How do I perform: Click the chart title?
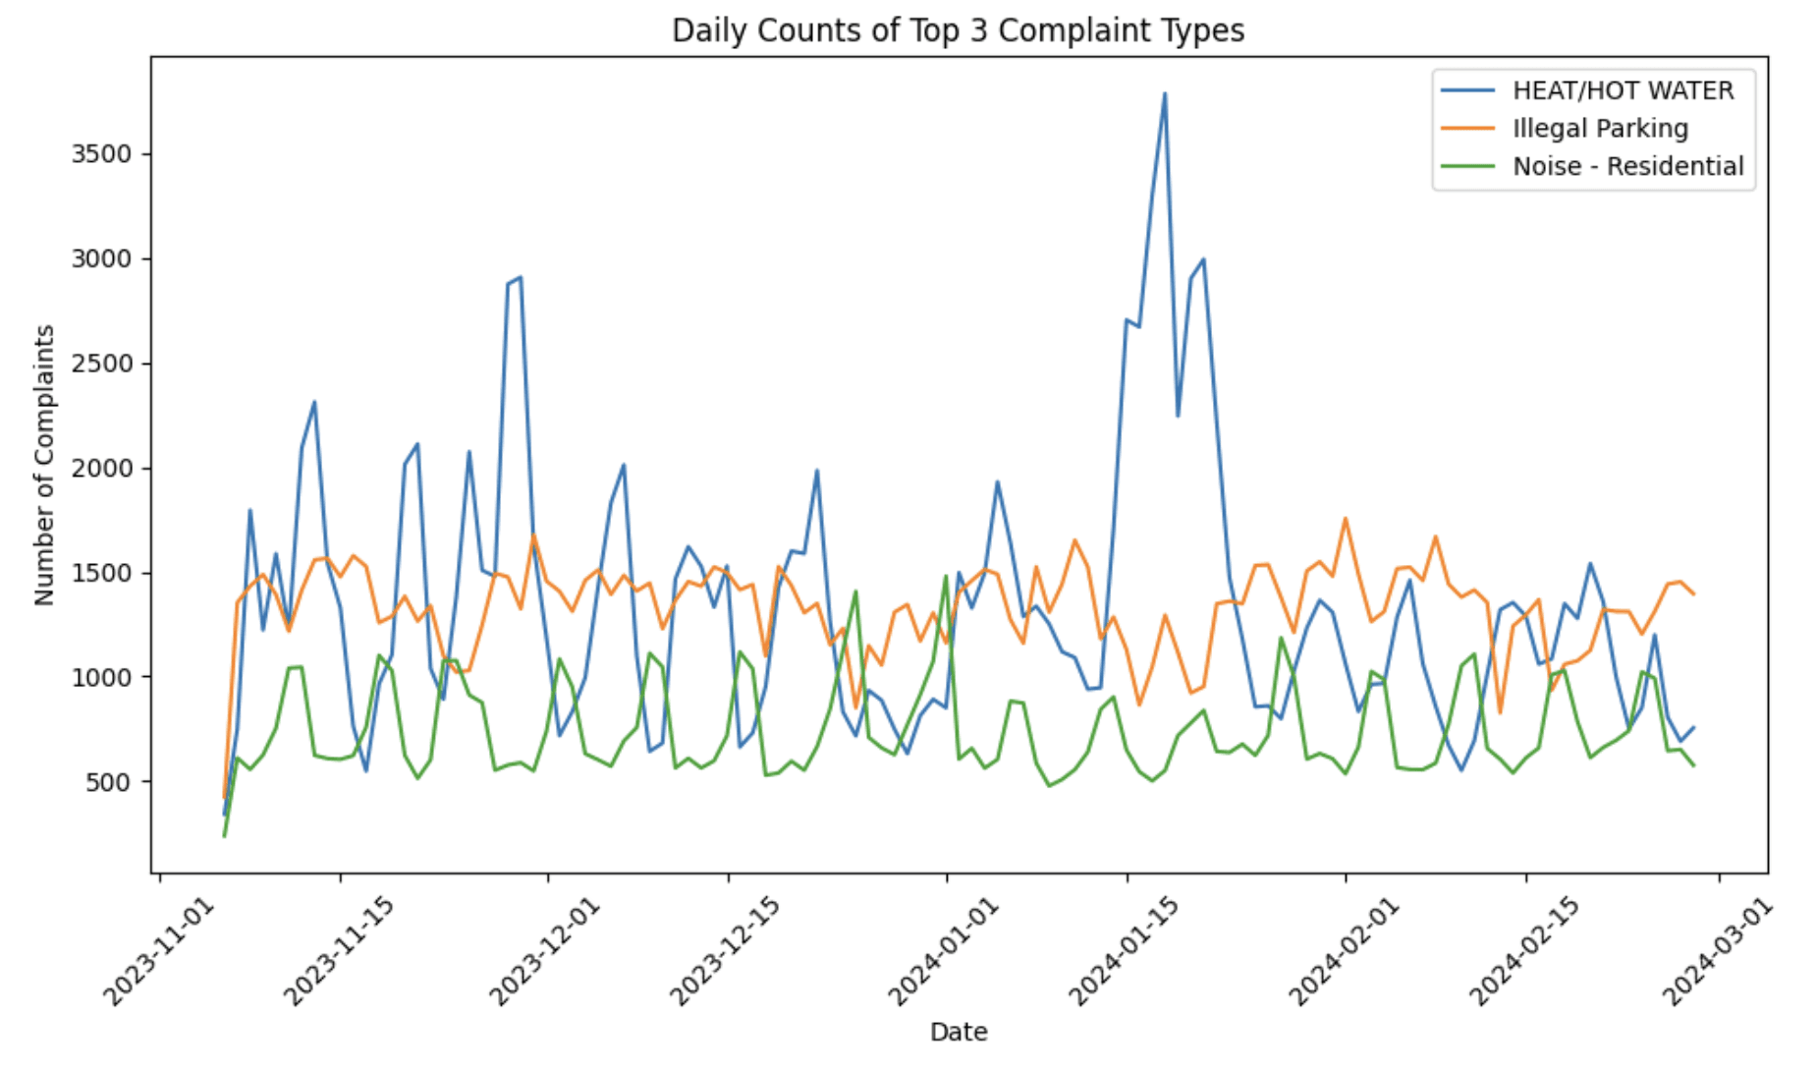tap(958, 31)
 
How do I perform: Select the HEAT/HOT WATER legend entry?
tap(1623, 90)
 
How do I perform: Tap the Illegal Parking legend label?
tap(1600, 129)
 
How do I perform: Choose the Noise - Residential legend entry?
tap(1627, 166)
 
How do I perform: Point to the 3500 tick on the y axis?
tap(102, 154)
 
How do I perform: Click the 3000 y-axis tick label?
tap(102, 259)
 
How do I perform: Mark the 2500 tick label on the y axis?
tap(102, 364)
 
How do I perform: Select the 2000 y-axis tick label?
tap(102, 469)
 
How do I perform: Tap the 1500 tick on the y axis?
tap(102, 573)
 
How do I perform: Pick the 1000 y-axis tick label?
tap(102, 677)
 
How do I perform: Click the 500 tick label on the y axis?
tap(108, 782)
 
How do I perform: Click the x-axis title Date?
tap(959, 1032)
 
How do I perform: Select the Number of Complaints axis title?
tap(44, 465)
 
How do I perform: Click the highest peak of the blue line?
tap(1165, 94)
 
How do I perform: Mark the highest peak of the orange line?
tap(1346, 518)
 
